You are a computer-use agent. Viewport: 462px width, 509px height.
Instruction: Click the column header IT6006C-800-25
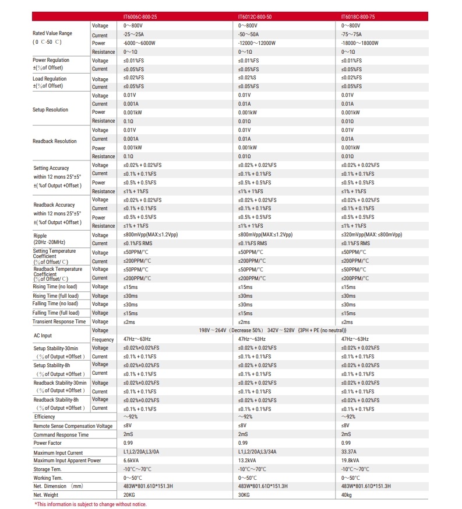(x=140, y=17)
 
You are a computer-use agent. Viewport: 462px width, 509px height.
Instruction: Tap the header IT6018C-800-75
(x=358, y=17)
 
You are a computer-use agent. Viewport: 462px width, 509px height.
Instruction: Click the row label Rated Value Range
(x=52, y=34)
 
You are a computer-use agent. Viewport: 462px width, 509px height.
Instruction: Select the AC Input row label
(x=43, y=336)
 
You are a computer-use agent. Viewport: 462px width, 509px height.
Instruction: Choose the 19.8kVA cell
(x=351, y=461)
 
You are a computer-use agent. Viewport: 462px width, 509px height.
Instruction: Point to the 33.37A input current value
(x=350, y=452)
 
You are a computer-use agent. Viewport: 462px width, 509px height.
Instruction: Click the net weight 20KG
(x=129, y=495)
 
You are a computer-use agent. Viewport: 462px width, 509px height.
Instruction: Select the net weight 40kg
(x=347, y=495)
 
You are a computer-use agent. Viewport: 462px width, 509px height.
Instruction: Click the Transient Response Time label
(x=59, y=322)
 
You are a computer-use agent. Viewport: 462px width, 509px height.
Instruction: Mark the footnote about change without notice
(x=90, y=504)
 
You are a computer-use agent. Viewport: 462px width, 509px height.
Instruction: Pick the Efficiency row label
(x=45, y=417)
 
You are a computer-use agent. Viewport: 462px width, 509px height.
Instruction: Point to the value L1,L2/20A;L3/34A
(x=259, y=452)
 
